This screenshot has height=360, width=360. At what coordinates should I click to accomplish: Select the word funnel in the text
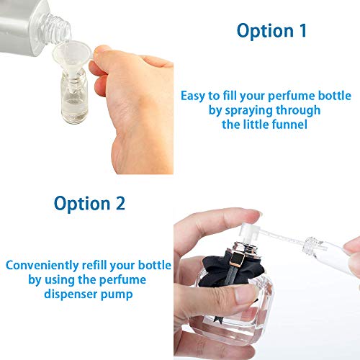[290, 125]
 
